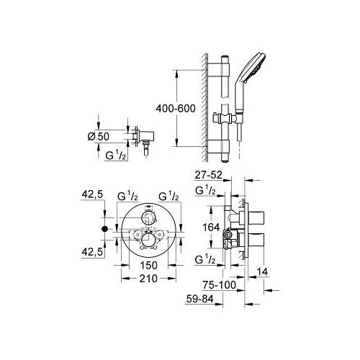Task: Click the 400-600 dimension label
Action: click(x=176, y=109)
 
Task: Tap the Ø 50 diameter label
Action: click(x=99, y=137)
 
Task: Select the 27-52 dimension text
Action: click(x=208, y=175)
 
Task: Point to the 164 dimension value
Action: click(x=211, y=227)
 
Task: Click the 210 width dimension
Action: click(x=148, y=279)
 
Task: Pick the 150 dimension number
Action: click(x=148, y=266)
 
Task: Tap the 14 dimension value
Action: click(x=262, y=272)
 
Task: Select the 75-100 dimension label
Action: click(x=220, y=285)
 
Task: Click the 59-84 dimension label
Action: click(x=199, y=299)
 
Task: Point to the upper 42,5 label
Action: click(x=92, y=194)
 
